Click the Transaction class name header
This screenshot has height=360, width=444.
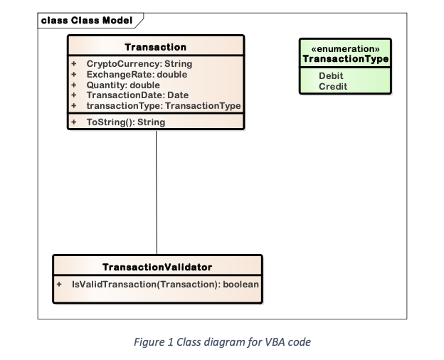155,47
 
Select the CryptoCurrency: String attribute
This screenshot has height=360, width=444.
139,64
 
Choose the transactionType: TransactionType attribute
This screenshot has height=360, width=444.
163,105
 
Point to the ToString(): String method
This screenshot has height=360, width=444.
125,122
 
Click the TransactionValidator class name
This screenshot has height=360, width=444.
157,268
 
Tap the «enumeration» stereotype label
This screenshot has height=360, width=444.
345,48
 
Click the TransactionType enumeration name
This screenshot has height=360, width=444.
345,58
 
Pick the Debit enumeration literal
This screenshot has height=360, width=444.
331,75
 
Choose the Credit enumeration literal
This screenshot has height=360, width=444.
332,85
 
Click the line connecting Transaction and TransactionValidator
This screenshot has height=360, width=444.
156,192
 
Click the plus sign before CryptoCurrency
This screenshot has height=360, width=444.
73,64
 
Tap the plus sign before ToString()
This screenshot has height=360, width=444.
73,122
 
